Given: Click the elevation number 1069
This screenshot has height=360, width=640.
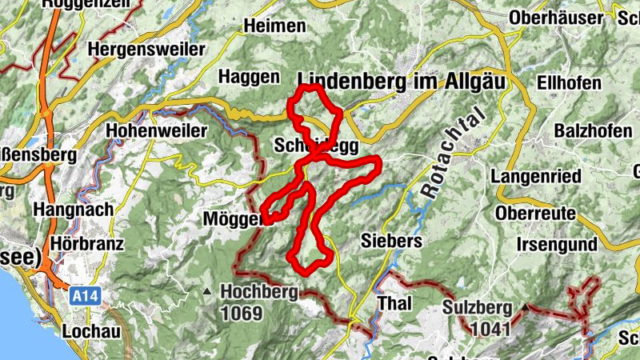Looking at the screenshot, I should pos(242,313).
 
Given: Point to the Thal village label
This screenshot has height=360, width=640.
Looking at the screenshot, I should pos(394,304).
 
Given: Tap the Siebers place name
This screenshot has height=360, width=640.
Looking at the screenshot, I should pos(391,240).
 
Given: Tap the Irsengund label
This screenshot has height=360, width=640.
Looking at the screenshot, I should pos(558,244).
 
